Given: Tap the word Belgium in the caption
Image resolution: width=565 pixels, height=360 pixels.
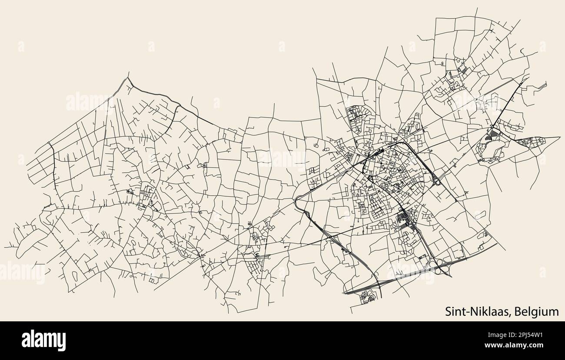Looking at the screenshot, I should coord(538,311).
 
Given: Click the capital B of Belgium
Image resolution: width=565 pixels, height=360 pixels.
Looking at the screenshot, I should coord(521,311).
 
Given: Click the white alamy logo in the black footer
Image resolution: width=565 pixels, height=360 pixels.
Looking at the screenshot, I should coord(44,340).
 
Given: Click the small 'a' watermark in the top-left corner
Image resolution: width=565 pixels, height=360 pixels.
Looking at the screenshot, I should coord(20,46).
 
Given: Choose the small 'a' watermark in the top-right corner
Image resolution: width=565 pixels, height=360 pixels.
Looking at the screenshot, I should coord(542,46).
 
